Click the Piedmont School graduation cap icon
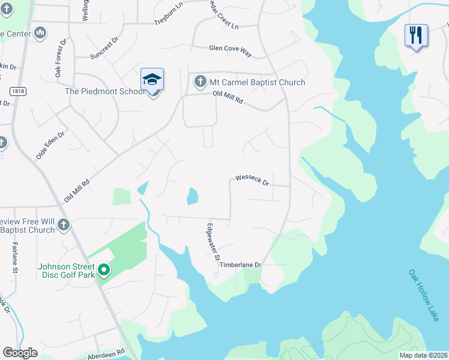pyautogui.click(x=152, y=80)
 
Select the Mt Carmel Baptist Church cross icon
pyautogui.click(x=199, y=82)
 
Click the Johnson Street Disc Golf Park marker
pyautogui.click(x=103, y=271)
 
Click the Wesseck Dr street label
pyautogui.click(x=252, y=179)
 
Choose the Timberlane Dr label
pyautogui.click(x=241, y=265)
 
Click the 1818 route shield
pyautogui.click(x=17, y=90)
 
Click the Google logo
pyautogui.click(x=20, y=352)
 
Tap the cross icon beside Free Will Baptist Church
pyautogui.click(x=64, y=225)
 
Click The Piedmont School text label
pyautogui.click(x=104, y=92)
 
